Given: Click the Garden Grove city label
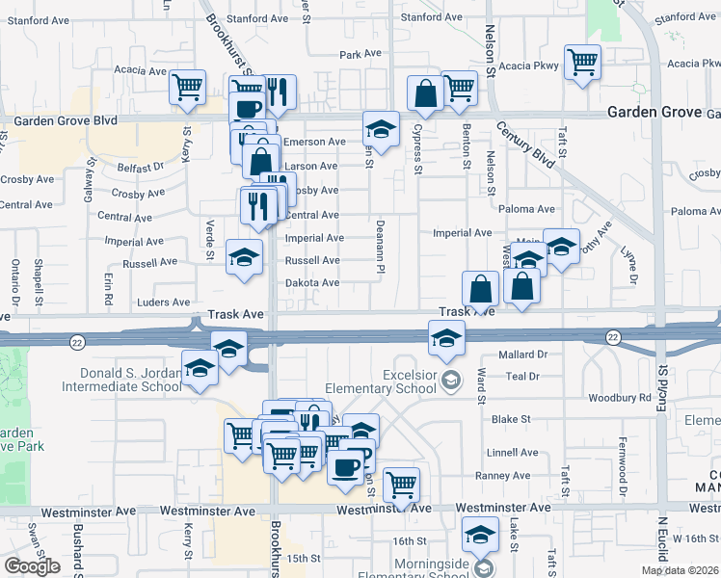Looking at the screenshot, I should pyautogui.click(x=654, y=112).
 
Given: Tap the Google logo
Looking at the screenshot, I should pyautogui.click(x=32, y=566).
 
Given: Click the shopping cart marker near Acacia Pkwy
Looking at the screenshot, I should pyautogui.click(x=582, y=63).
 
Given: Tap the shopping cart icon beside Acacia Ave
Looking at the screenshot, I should pyautogui.click(x=187, y=87).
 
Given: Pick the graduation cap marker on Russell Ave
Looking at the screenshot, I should pyautogui.click(x=244, y=257).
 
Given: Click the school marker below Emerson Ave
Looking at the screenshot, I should pyautogui.click(x=381, y=129).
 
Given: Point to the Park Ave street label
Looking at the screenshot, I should pyautogui.click(x=360, y=55).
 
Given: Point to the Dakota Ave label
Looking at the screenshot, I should pyautogui.click(x=312, y=283).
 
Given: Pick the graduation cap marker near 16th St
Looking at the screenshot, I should pyautogui.click(x=480, y=534).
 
